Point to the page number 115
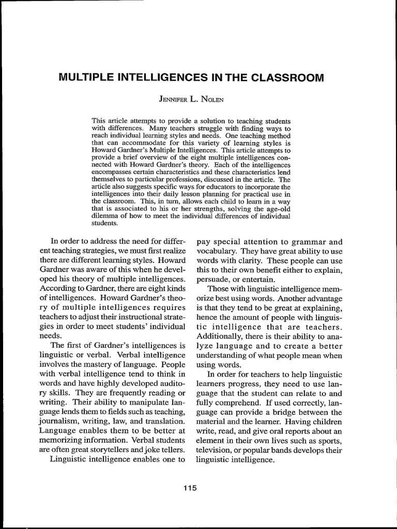(x=190, y=488)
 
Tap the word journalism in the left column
(x=60, y=421)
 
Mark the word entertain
(x=255, y=279)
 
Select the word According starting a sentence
(x=59, y=289)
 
